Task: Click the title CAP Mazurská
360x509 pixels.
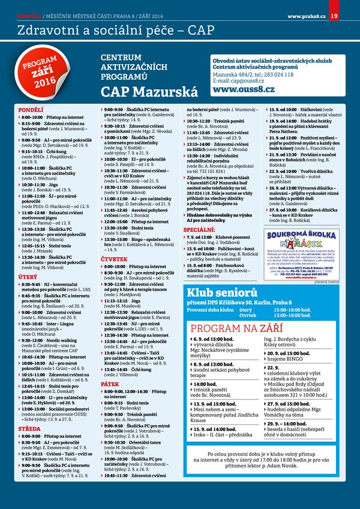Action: point(149,92)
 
